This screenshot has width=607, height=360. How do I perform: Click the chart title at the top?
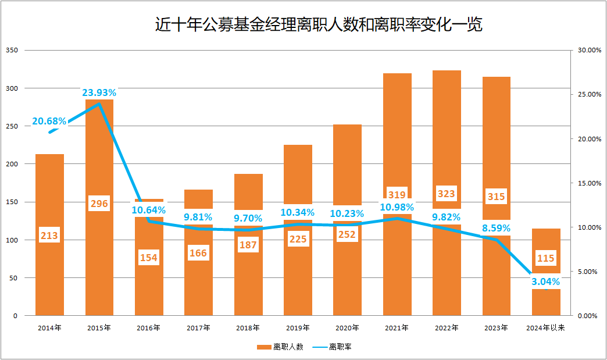(319, 25)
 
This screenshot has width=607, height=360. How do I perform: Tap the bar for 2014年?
(49, 273)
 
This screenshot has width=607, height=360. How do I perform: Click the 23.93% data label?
(99, 92)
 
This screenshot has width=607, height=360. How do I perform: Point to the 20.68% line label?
(49, 122)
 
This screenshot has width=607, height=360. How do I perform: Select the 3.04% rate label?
(547, 281)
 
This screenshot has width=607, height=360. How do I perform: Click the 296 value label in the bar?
(99, 204)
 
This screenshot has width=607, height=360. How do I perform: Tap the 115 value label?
(546, 258)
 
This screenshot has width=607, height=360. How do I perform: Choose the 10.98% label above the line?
(397, 207)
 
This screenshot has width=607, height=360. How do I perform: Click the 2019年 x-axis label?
(298, 328)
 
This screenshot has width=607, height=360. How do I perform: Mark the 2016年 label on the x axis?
(149, 328)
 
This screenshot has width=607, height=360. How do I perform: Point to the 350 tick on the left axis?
(12, 51)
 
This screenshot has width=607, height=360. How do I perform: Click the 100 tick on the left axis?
(12, 240)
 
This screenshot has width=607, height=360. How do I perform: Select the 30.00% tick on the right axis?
(586, 51)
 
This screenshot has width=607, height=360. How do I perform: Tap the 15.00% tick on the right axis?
(586, 183)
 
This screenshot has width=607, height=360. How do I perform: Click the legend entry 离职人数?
(281, 347)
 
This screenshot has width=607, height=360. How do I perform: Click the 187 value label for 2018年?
(248, 245)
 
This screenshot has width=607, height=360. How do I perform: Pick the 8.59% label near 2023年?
(496, 228)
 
